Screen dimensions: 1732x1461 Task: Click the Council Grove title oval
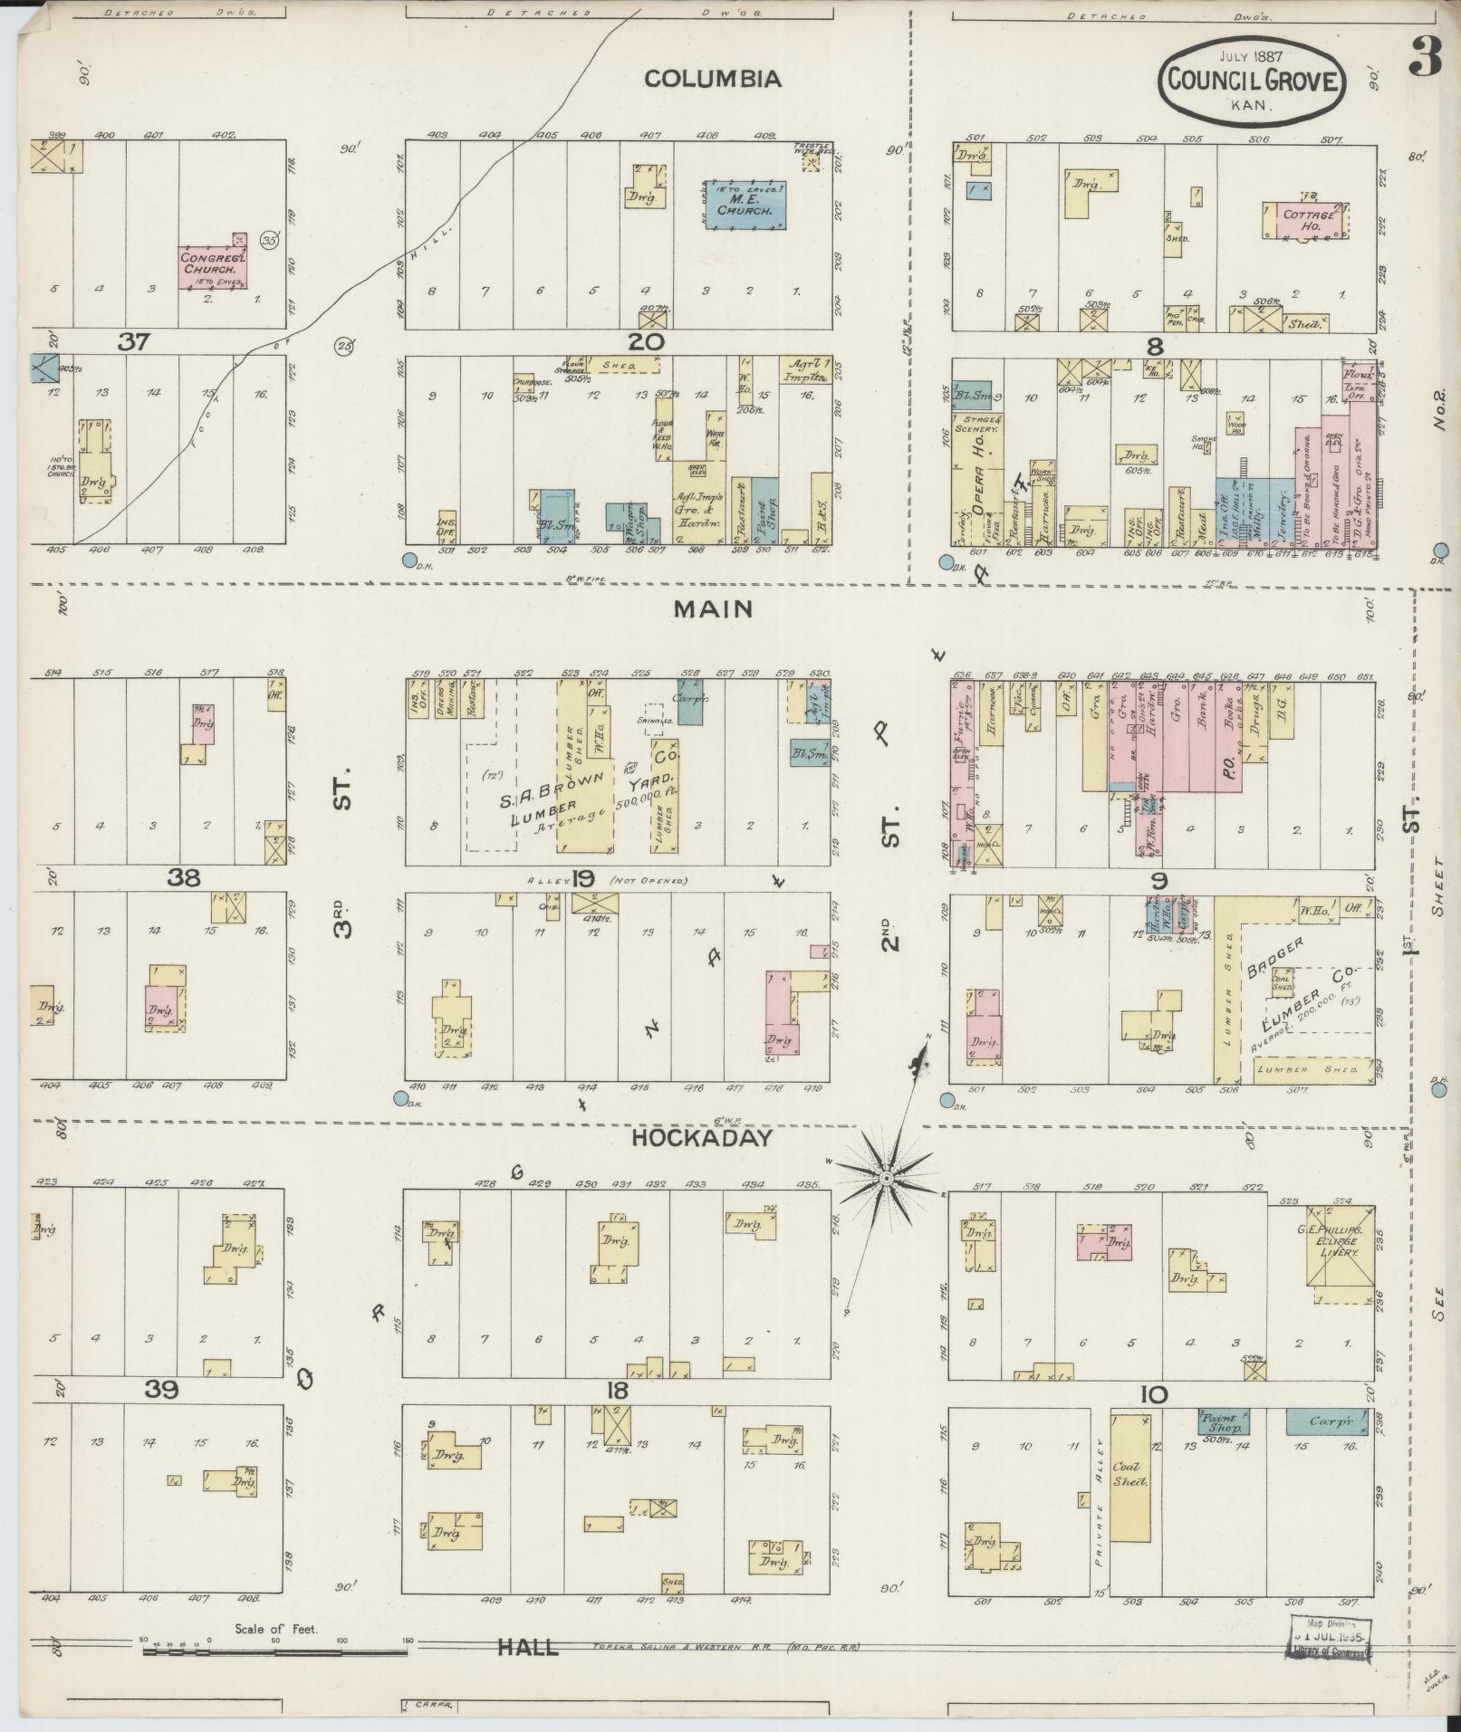tap(1252, 81)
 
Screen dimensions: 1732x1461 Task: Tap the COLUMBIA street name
tap(712, 80)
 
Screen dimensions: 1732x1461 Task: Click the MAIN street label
tap(712, 609)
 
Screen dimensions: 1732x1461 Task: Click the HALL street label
tap(527, 1647)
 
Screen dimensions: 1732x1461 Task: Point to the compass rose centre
tap(887, 1177)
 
